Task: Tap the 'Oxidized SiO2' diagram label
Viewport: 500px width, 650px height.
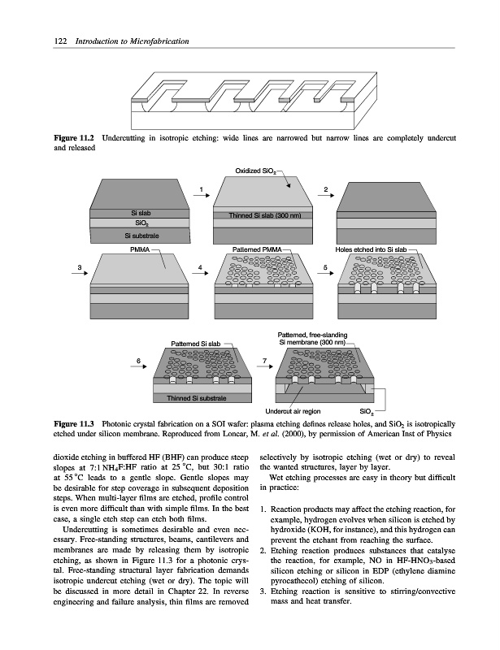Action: (259, 172)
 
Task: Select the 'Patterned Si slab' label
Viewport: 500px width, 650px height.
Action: (194, 344)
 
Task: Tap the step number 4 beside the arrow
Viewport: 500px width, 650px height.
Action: (199, 267)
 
